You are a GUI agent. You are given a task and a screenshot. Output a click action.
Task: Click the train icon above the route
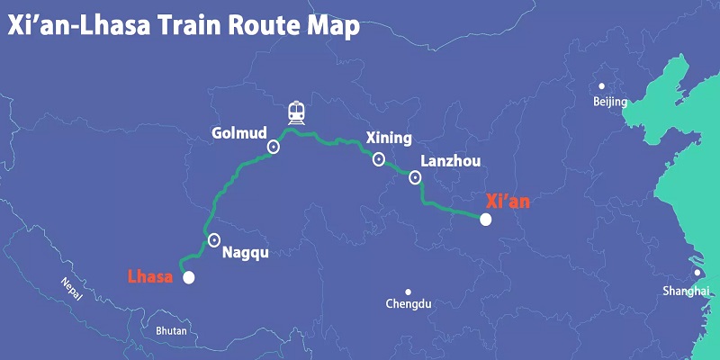pyautogui.click(x=296, y=112)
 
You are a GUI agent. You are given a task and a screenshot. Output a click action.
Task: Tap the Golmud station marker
pyautogui.click(x=274, y=147)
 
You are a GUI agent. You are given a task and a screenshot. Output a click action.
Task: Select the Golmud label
pyautogui.click(x=238, y=133)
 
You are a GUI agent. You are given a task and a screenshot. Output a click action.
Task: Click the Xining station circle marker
pyautogui.click(x=379, y=159)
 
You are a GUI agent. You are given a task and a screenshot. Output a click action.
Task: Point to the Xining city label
pyautogui.click(x=389, y=139)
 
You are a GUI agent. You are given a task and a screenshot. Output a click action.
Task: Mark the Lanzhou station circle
pyautogui.click(x=415, y=177)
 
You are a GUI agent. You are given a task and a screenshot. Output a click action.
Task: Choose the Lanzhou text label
pyautogui.click(x=451, y=162)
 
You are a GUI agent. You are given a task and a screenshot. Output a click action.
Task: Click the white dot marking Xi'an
pyautogui.click(x=486, y=219)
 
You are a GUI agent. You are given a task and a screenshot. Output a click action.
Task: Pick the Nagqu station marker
pyautogui.click(x=214, y=239)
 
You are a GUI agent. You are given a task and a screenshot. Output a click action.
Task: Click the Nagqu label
pyautogui.click(x=245, y=253)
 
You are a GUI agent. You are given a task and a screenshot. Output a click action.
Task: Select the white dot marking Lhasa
pyautogui.click(x=188, y=278)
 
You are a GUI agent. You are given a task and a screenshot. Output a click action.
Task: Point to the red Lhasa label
pyautogui.click(x=149, y=276)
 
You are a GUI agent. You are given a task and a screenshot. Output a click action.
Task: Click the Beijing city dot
pyautogui.click(x=602, y=87)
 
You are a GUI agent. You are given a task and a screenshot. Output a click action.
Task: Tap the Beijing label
pyautogui.click(x=610, y=103)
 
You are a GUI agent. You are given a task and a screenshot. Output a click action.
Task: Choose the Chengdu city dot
pyautogui.click(x=408, y=292)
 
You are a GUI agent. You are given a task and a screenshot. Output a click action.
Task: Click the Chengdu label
pyautogui.click(x=409, y=304)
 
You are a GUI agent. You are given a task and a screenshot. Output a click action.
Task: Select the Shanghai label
pyautogui.click(x=685, y=291)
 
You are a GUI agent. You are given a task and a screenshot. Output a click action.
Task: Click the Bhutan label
pyautogui.click(x=171, y=331)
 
